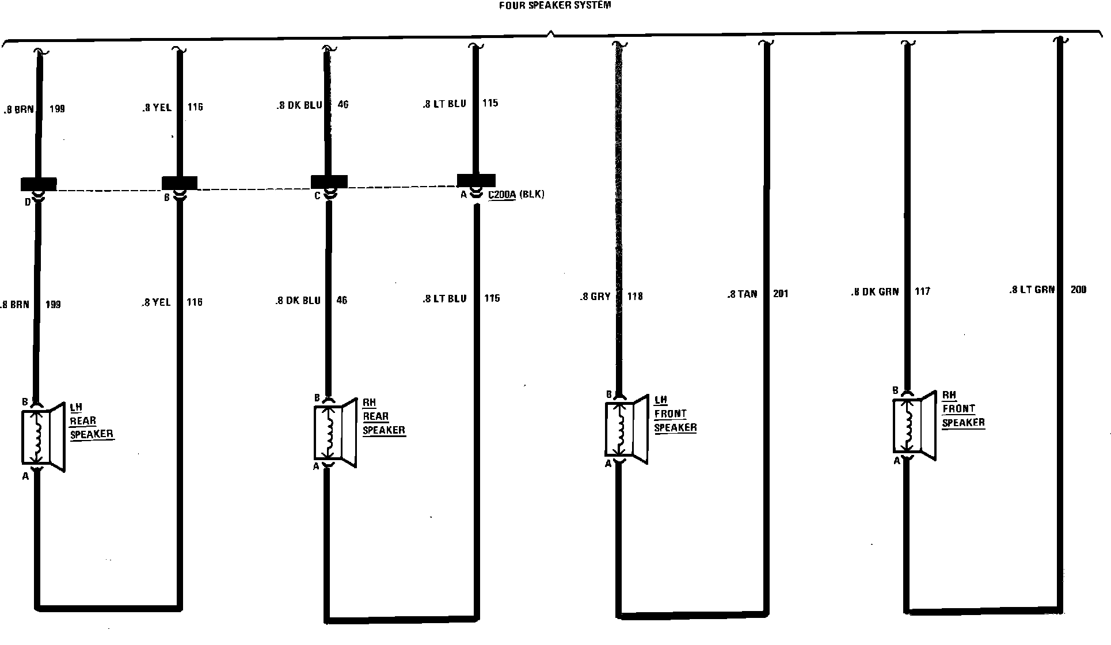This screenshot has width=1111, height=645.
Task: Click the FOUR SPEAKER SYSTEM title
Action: [554, 5]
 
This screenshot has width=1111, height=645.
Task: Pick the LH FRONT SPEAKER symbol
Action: [626, 429]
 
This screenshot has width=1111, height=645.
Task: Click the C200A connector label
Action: [502, 195]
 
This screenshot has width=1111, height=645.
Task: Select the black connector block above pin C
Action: [329, 181]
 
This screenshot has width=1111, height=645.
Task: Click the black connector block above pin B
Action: [180, 183]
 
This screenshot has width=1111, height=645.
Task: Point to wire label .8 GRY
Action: [595, 297]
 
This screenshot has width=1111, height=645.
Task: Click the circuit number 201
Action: [781, 294]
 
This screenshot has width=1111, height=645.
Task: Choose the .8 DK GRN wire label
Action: [874, 292]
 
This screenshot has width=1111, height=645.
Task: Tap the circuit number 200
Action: [1078, 290]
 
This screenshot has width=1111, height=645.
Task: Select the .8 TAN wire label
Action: [742, 294]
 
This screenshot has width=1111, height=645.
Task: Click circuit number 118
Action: [634, 297]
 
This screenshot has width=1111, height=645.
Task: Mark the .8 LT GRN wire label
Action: [1032, 290]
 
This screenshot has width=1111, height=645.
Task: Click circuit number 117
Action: [922, 292]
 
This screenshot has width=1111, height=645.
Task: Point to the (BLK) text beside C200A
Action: [531, 195]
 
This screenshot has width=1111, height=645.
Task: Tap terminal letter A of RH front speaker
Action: [896, 461]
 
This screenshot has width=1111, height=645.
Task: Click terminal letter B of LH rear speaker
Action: [25, 402]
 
